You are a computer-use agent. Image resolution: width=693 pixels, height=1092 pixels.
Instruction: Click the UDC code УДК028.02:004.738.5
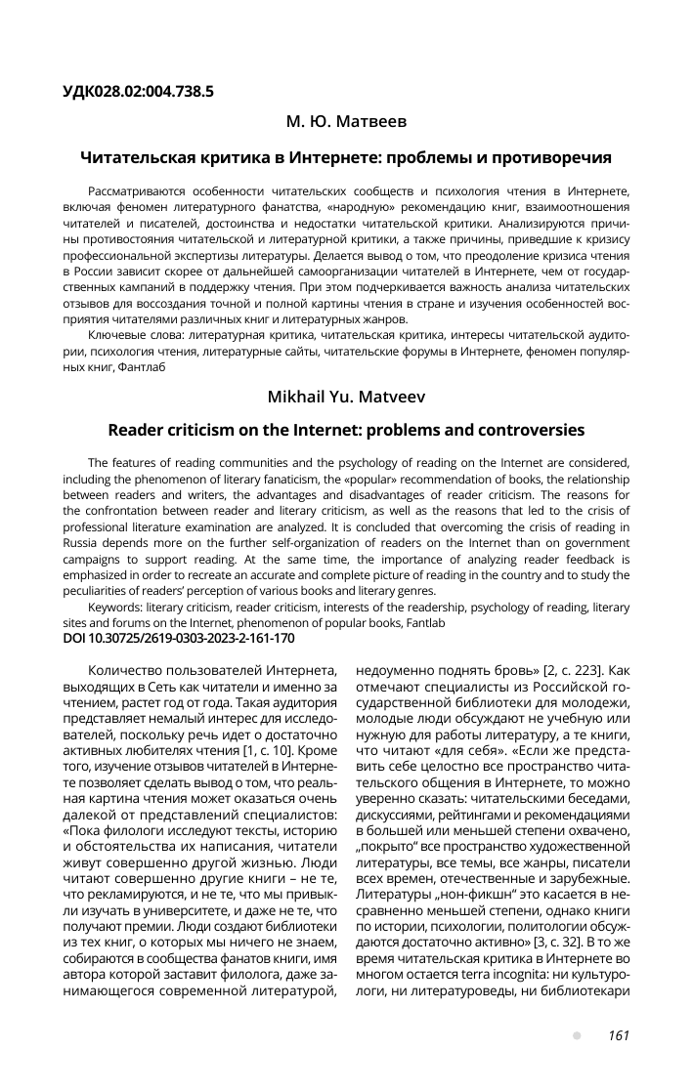(138, 92)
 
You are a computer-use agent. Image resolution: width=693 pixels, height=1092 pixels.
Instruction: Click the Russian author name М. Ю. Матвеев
(346, 123)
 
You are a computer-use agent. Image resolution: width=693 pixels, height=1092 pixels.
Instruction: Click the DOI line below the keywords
(177, 638)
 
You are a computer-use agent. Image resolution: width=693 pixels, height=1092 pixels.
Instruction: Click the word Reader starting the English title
(136, 430)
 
